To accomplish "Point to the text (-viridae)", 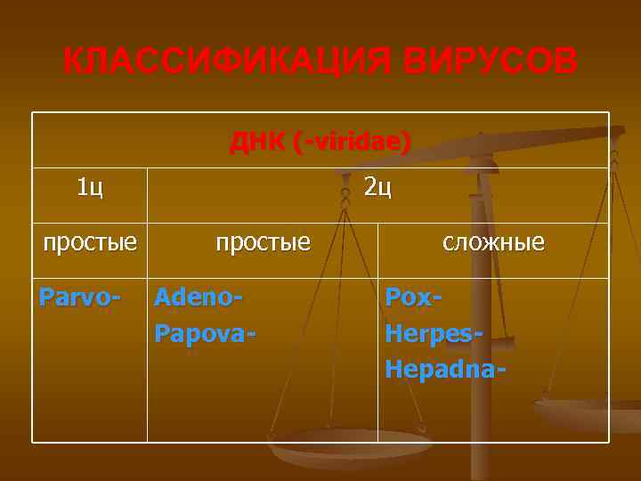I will coord(352,142).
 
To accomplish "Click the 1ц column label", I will coord(89,187).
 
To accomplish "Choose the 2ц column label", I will coord(377,187).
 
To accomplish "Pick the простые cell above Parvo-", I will coord(90,241).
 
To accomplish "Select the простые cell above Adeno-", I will coord(264,241).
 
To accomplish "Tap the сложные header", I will coord(494,241).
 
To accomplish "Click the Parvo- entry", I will coord(77,296).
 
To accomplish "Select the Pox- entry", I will coord(414,296).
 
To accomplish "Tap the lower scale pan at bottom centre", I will coord(347,445).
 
